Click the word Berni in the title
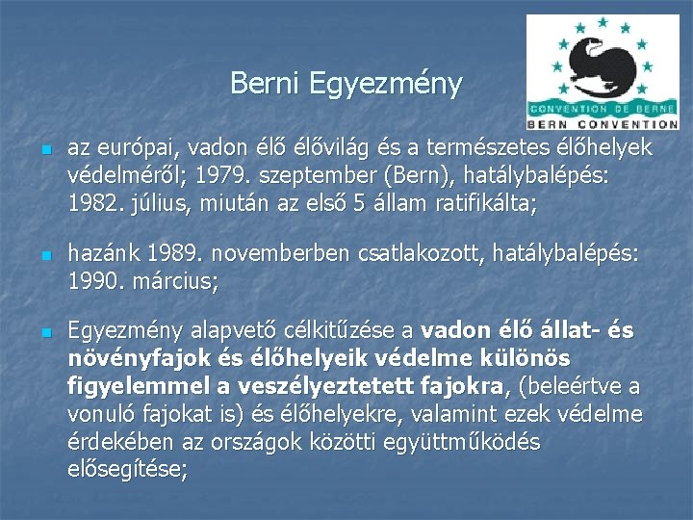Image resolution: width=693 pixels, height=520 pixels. tap(265, 83)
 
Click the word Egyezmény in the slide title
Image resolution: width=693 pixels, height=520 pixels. tap(385, 85)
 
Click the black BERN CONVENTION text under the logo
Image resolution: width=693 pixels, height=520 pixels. tap(603, 124)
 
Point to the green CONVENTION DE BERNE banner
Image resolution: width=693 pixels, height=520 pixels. tap(603, 109)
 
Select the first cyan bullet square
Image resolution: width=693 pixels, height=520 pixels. tap(47, 150)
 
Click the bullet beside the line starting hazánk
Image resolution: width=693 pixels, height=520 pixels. tap(47, 255)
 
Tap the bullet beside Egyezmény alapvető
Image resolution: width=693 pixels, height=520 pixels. tap(47, 333)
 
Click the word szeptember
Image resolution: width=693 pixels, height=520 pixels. tap(318, 177)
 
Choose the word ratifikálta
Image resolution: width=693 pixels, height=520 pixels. tap(486, 204)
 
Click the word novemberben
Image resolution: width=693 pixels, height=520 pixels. tap(280, 253)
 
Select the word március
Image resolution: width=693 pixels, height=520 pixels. tap(175, 281)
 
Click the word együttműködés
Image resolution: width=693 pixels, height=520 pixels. tap(462, 443)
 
